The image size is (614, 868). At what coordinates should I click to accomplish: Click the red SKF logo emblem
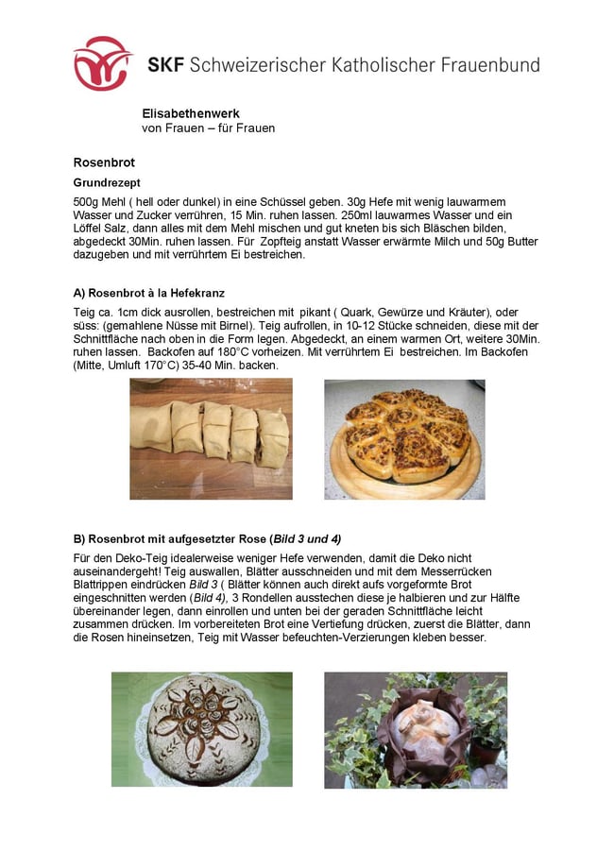(103, 63)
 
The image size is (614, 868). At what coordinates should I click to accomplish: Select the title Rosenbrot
(104, 162)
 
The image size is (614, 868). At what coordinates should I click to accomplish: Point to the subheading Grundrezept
(107, 182)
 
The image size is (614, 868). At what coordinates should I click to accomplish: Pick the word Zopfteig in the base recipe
(385, 242)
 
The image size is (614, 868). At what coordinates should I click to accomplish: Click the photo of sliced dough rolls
(211, 439)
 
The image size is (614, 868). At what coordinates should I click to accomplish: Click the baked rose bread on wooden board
(404, 439)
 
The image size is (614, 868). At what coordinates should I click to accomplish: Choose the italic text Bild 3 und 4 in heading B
(305, 539)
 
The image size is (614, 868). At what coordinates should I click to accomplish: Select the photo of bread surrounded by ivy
(415, 730)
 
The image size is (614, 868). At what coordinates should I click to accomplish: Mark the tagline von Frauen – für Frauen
(208, 128)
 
